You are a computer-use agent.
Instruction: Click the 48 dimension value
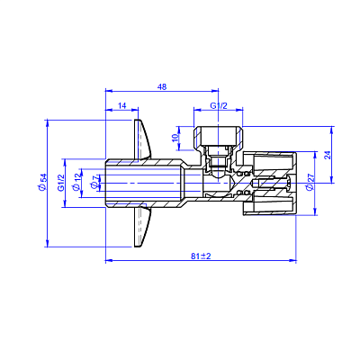click(162, 86)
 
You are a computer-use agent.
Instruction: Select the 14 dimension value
click(121, 105)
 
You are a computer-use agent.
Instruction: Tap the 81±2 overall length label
click(201, 256)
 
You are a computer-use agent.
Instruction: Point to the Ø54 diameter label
click(42, 182)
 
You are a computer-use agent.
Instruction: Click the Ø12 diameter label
click(76, 182)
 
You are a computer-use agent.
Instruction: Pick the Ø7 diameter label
click(94, 183)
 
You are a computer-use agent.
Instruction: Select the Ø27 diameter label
click(310, 182)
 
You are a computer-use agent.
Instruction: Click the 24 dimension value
click(328, 155)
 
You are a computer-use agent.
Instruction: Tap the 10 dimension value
click(175, 138)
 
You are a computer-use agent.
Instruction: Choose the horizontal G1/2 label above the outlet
click(219, 105)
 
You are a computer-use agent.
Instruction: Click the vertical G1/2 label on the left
click(60, 183)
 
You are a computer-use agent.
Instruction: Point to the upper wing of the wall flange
click(142, 139)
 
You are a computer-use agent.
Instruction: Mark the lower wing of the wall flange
click(142, 227)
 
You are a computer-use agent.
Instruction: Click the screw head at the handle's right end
click(289, 184)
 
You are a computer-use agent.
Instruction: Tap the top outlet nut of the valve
click(218, 139)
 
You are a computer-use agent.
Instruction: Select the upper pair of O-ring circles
click(243, 174)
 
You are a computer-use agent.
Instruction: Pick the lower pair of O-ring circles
click(243, 193)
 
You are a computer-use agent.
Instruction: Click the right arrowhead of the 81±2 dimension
click(292, 260)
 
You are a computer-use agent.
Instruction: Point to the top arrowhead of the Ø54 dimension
click(47, 123)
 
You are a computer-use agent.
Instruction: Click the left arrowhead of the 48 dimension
click(109, 91)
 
